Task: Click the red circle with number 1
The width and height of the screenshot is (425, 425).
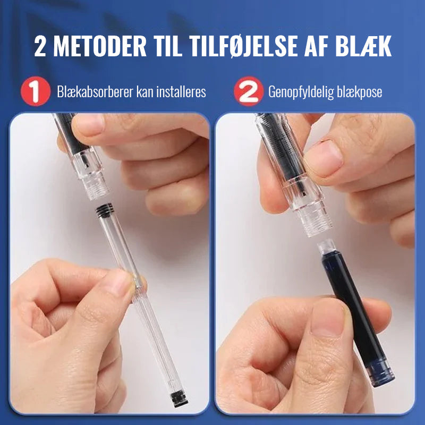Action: coord(36,91)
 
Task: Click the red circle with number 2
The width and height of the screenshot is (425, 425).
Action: coord(249,91)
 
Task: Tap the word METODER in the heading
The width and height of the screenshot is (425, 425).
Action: coord(100,46)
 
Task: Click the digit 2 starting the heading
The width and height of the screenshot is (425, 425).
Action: coord(40,46)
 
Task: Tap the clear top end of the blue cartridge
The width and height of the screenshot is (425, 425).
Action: coord(327,246)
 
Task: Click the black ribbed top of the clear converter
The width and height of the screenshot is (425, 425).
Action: coord(105,211)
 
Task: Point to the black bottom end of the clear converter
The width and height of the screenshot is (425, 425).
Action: coord(179,399)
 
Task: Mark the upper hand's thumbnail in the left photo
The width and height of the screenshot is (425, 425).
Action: coord(89,124)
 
